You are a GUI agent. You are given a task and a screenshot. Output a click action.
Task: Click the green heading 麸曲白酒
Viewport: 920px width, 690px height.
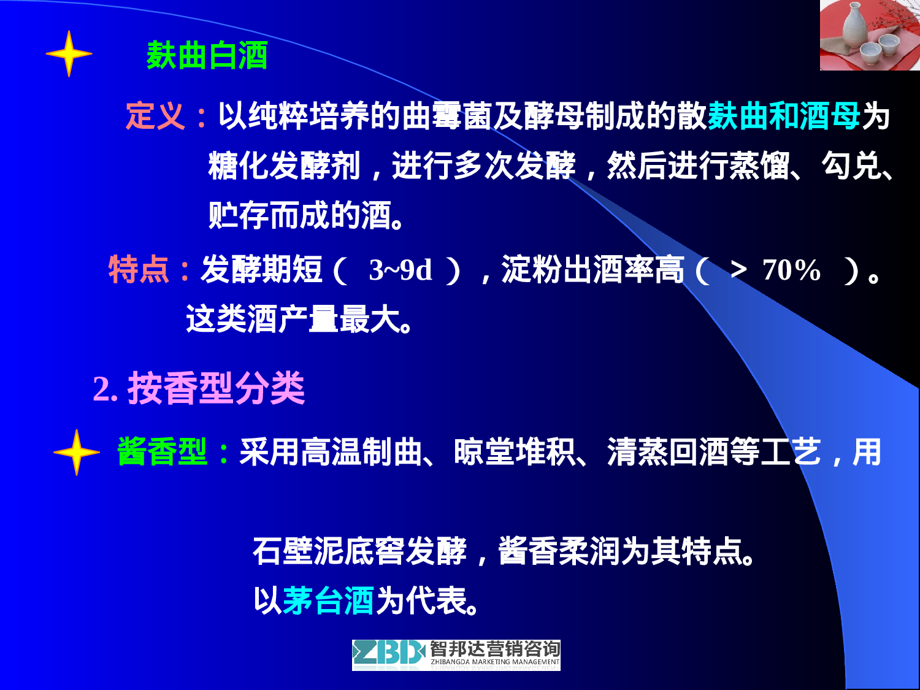(x=207, y=56)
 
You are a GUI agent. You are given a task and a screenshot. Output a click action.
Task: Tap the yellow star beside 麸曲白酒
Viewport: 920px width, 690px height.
(x=69, y=54)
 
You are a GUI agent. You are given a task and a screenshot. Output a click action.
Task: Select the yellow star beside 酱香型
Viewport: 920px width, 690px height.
(x=76, y=453)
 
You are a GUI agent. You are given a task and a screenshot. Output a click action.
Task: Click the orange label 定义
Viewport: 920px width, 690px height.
(x=155, y=115)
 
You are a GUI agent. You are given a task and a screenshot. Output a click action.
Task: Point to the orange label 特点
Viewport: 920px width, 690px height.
(x=139, y=269)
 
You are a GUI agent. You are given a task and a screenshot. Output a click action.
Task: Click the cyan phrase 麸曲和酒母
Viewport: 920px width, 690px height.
(x=784, y=115)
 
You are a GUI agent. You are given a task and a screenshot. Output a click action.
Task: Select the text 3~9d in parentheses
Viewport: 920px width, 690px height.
(x=401, y=270)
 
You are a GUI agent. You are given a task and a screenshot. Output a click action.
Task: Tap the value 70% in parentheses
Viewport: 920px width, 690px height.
(x=791, y=270)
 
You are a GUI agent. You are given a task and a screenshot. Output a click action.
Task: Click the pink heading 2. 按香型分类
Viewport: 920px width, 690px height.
(x=199, y=388)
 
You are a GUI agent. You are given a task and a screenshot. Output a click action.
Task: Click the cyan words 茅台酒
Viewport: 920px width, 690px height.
(x=328, y=600)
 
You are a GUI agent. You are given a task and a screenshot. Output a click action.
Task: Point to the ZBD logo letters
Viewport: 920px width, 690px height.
(x=389, y=654)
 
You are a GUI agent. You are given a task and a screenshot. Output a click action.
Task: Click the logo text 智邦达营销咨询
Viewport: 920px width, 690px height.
(x=494, y=649)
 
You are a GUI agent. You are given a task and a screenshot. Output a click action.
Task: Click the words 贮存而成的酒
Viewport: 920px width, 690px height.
(x=301, y=215)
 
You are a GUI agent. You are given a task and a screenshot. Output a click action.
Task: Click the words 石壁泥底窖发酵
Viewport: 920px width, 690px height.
(x=360, y=551)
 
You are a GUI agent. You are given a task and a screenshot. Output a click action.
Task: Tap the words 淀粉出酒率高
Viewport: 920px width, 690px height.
(x=592, y=270)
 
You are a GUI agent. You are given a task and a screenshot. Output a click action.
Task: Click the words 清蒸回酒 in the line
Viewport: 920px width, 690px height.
(x=668, y=452)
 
